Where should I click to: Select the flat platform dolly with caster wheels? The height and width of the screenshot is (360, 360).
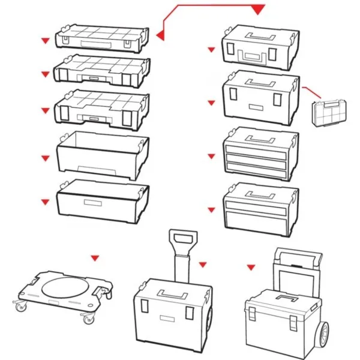[x=63, y=295]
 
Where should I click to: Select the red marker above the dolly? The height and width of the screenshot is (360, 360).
[x=94, y=258]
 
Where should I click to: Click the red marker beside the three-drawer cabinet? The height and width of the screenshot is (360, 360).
[x=211, y=157]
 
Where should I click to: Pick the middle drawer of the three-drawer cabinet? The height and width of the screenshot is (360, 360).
[x=259, y=158]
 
